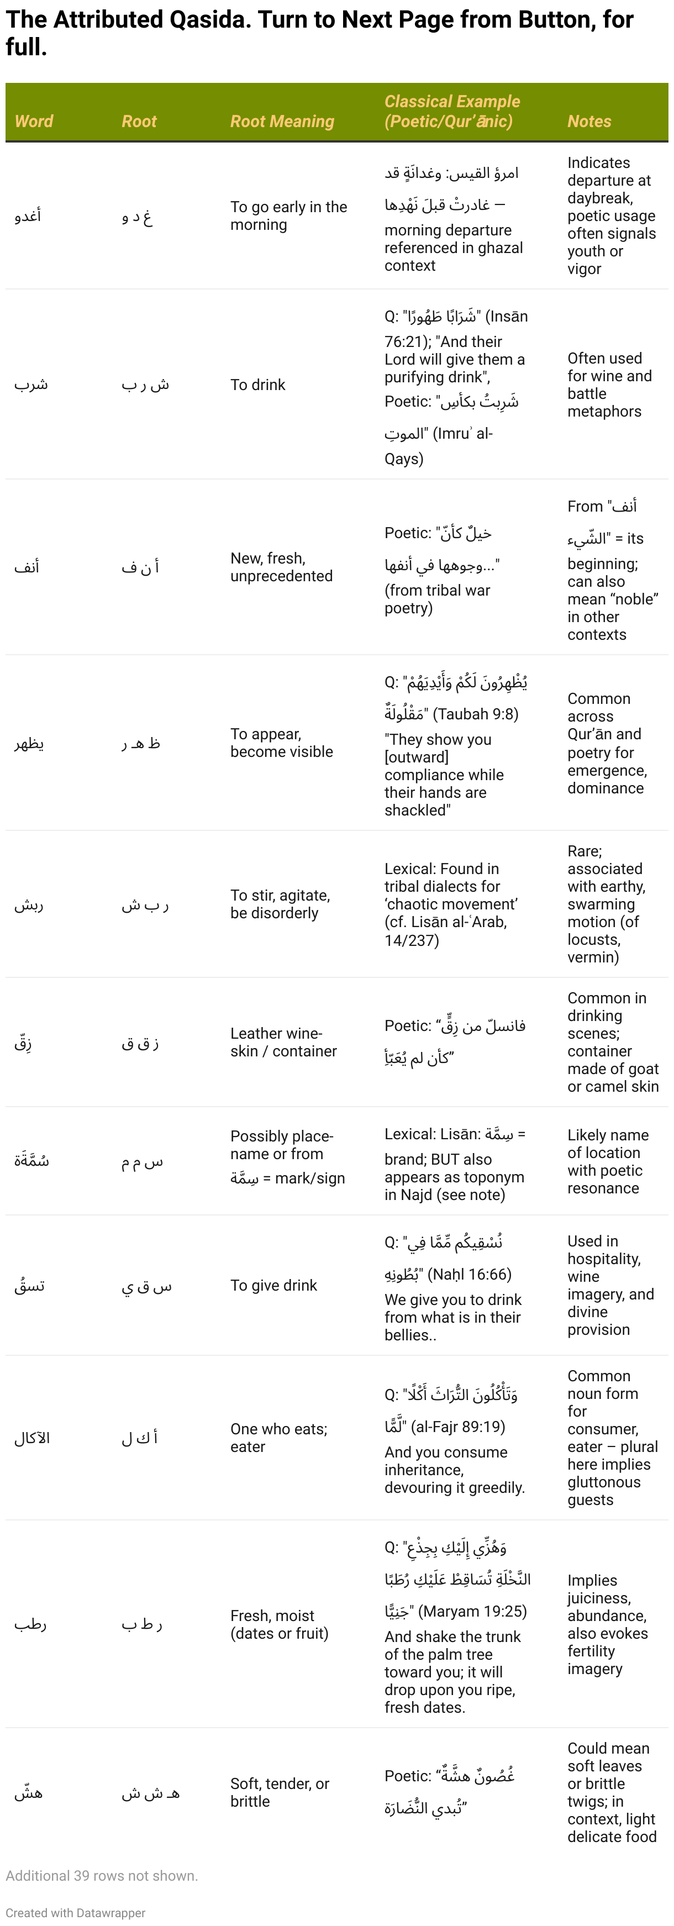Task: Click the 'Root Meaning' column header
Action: pos(282,121)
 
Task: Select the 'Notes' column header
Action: pos(589,121)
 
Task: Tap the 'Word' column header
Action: pos(34,121)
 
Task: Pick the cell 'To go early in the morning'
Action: pos(288,215)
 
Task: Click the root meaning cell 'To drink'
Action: pos(258,385)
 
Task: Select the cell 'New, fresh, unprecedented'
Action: pos(281,567)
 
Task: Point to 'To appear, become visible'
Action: pos(281,743)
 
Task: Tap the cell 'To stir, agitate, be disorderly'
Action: pos(280,904)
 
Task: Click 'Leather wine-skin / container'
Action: pos(283,1041)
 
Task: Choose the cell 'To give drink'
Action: pos(273,1285)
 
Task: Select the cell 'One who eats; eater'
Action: pos(278,1437)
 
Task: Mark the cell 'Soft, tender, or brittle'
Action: pos(280,1792)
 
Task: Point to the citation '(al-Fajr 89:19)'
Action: pos(458,1427)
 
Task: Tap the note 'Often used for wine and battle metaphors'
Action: pos(609,385)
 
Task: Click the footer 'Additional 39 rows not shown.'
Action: pos(102,1875)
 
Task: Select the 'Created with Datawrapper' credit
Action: pos(76,1913)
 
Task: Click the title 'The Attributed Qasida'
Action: pos(127,19)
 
